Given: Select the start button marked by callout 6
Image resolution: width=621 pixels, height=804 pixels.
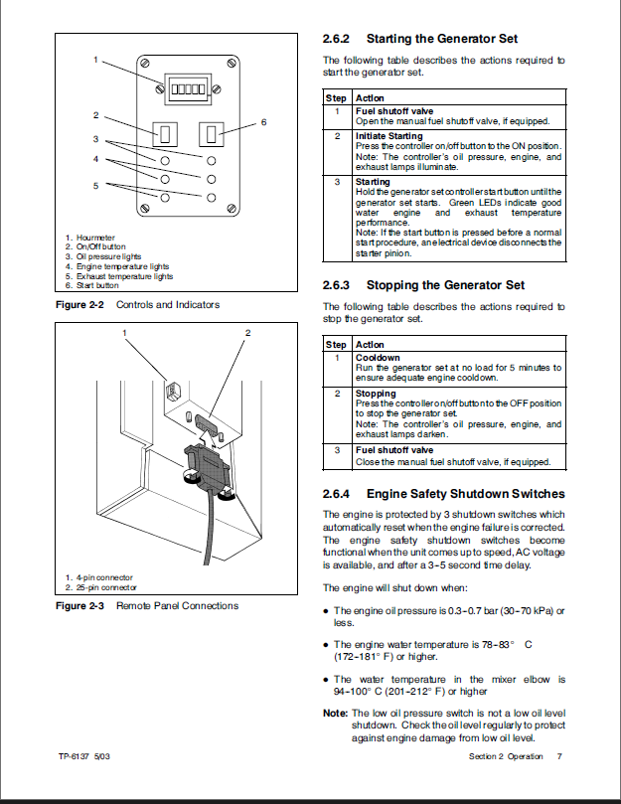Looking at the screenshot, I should (x=212, y=132).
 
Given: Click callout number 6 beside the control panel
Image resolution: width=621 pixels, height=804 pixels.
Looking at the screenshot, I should (x=263, y=122).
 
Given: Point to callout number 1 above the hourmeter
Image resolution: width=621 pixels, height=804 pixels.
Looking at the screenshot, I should (x=96, y=60).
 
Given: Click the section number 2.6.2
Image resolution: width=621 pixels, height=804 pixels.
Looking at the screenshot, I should (x=338, y=40).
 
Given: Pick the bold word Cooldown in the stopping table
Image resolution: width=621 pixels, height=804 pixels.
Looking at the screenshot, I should (x=378, y=358).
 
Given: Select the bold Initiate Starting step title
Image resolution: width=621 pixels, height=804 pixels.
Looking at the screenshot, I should (x=388, y=136).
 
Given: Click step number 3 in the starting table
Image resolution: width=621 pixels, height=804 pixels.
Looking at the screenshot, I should (x=337, y=182).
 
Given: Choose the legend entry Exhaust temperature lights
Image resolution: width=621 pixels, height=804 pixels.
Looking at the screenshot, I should (x=123, y=277).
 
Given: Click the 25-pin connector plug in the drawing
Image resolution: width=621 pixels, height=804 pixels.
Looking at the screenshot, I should (x=206, y=463).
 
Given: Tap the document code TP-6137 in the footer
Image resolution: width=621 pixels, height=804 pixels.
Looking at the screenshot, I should (x=75, y=757).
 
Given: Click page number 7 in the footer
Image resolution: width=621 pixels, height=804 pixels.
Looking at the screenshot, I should (x=559, y=757).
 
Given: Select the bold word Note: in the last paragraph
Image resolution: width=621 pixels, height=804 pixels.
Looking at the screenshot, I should (x=336, y=713).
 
